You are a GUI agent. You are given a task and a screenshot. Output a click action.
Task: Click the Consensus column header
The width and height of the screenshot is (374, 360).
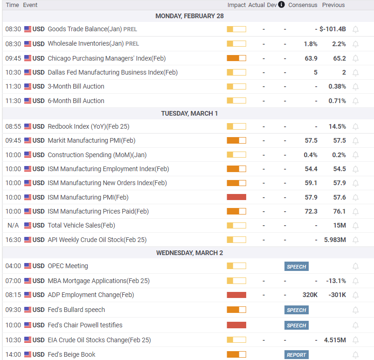[303, 5]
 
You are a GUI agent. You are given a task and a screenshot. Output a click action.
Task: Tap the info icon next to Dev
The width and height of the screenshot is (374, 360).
[282, 5]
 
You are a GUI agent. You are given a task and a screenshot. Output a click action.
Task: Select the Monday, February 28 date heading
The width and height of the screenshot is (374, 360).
[190, 16]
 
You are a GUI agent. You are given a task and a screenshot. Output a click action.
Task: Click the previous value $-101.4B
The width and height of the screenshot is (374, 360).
[333, 29]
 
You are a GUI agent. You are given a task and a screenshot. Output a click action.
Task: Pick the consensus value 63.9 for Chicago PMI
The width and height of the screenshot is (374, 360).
[311, 58]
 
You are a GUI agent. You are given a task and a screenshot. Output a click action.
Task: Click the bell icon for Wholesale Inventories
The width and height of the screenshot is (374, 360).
[356, 44]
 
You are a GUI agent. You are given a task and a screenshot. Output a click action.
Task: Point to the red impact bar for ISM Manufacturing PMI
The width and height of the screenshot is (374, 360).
[236, 197]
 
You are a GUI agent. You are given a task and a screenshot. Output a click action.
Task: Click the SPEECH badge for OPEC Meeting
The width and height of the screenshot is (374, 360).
[297, 266]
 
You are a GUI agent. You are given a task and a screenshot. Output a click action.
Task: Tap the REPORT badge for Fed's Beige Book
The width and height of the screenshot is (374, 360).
[297, 355]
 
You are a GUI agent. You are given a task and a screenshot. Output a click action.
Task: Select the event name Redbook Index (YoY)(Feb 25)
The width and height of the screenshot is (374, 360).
[89, 126]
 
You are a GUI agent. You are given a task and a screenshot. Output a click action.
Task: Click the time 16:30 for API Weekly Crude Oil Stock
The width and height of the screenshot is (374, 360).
[13, 240]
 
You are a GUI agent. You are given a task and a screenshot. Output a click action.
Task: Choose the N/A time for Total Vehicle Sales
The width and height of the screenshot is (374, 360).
[13, 225]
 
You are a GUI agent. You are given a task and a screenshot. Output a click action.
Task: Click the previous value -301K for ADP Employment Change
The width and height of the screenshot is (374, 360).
[337, 295]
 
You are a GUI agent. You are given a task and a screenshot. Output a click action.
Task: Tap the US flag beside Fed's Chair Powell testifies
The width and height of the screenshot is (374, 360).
[28, 325]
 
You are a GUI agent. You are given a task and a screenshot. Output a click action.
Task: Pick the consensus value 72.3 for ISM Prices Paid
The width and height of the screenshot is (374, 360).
[311, 211]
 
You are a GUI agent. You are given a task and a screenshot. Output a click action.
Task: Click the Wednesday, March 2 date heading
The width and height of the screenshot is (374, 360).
[190, 253]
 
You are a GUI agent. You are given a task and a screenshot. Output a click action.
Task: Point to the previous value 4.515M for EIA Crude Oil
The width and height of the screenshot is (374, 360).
[335, 340]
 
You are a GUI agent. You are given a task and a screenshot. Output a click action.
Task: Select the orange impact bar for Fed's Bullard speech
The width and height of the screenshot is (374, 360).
[236, 310]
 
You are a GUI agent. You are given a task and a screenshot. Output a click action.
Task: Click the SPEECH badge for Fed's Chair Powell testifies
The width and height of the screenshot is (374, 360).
[297, 325]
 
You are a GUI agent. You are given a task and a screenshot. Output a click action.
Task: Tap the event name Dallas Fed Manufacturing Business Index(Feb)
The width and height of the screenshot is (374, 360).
[113, 73]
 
